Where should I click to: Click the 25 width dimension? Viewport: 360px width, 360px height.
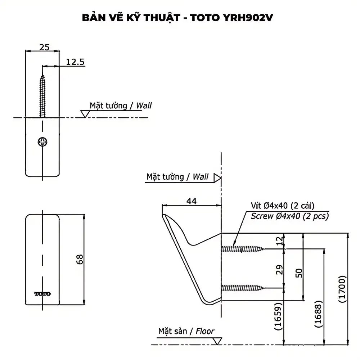coord(44,47)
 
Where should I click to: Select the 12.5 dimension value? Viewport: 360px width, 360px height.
coord(75,62)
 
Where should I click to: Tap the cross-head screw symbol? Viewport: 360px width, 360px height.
coord(42,142)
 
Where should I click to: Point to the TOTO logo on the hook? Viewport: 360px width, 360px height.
coord(42,294)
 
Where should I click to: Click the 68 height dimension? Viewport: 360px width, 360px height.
coord(80,260)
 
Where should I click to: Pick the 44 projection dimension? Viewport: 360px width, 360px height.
coord(192,201)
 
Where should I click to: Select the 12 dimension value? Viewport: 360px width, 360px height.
coord(279,241)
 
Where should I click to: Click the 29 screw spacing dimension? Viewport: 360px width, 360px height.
coord(279,270)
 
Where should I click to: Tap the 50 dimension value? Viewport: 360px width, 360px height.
coord(299,273)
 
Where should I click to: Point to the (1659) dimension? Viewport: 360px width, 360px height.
coord(278,316)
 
